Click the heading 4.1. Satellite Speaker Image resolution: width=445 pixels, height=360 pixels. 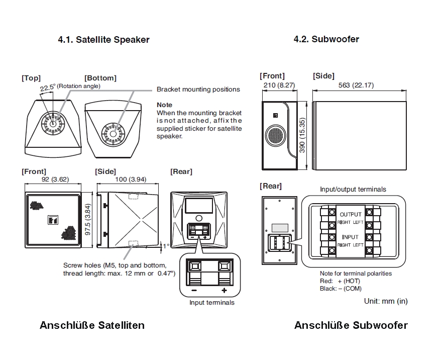pos(103,40)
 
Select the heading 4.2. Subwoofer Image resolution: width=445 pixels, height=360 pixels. pos(326,39)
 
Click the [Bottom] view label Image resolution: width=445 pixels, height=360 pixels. pos(100,78)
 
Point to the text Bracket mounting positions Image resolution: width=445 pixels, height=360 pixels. pos(198,89)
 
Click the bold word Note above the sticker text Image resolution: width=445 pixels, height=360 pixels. pos(164,105)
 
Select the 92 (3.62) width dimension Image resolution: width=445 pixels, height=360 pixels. pos(52,180)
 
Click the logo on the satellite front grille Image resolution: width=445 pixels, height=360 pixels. pos(52,219)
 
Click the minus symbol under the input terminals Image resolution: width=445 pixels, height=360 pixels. pos(194,291)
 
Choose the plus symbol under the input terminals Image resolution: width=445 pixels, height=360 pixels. pos(224,291)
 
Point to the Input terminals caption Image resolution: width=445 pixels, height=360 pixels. pos(211,303)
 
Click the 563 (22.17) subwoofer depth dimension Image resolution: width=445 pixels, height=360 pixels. pos(356,85)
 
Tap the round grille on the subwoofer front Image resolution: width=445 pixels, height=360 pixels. pos(275,136)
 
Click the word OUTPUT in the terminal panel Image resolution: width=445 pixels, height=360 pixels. pos(351,214)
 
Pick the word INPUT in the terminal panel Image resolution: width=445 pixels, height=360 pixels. pos(351,237)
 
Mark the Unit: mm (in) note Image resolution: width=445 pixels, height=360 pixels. pos(386,301)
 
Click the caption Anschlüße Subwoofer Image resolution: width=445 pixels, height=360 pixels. pos(351,325)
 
